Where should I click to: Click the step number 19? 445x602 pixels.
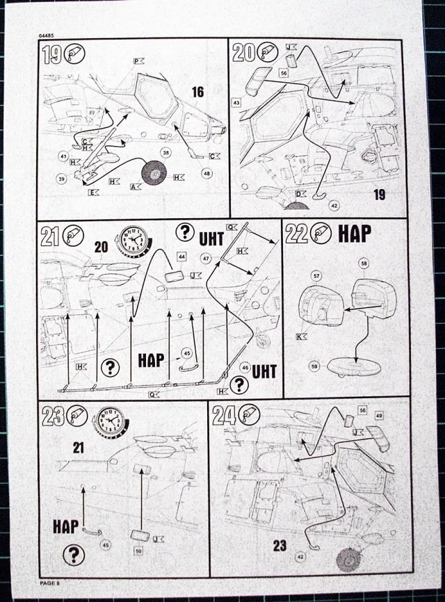click(x=51, y=54)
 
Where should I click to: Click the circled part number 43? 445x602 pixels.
click(x=236, y=102)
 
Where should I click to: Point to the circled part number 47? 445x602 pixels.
click(x=206, y=258)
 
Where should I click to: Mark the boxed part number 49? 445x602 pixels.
click(x=379, y=416)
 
